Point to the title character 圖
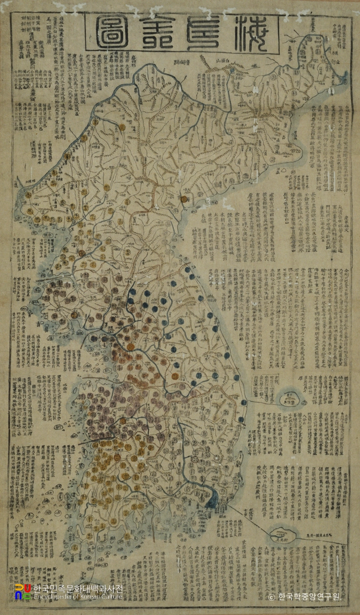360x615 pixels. click(x=114, y=34)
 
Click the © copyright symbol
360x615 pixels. click(x=272, y=597)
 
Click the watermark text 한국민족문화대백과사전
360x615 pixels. click(x=78, y=589)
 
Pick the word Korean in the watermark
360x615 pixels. click(x=86, y=597)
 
